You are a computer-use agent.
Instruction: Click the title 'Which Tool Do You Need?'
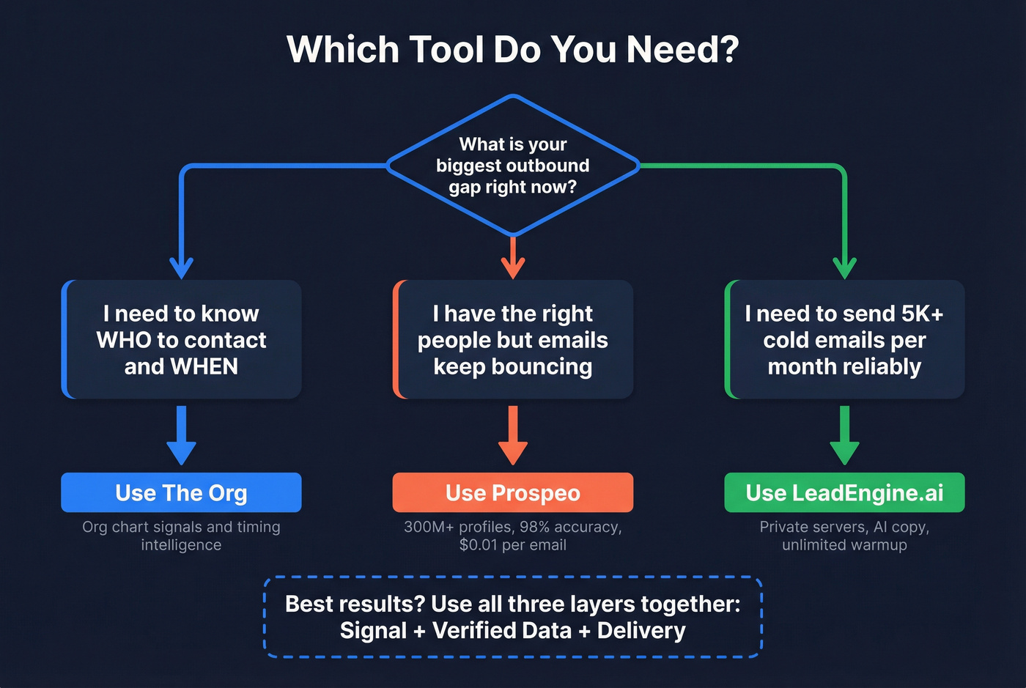pos(513,50)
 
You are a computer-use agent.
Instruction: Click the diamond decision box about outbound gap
pos(513,166)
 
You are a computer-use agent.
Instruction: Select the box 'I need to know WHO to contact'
pos(182,339)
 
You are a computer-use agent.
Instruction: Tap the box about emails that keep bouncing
pos(513,339)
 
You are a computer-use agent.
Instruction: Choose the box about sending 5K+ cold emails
pos(844,339)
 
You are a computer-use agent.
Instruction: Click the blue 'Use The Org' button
pos(181,492)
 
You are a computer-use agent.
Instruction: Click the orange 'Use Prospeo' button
pos(513,492)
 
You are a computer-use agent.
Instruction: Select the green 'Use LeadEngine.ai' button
pos(844,492)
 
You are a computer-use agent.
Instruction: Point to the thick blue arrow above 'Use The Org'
pos(181,437)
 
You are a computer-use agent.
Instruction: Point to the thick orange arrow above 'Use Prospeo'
pos(513,437)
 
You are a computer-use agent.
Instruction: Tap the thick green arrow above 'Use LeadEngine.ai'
pos(844,437)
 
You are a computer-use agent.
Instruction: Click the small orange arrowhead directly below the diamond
pos(513,265)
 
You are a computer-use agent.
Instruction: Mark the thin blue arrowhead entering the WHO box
pos(181,267)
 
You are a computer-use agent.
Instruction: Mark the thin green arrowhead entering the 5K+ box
pos(844,267)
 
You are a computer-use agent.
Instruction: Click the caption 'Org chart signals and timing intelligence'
pos(181,536)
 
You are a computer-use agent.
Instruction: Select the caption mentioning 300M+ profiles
pos(513,536)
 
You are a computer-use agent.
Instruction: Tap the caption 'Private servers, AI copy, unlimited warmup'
pos(844,536)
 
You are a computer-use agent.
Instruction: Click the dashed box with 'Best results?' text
pos(513,617)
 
